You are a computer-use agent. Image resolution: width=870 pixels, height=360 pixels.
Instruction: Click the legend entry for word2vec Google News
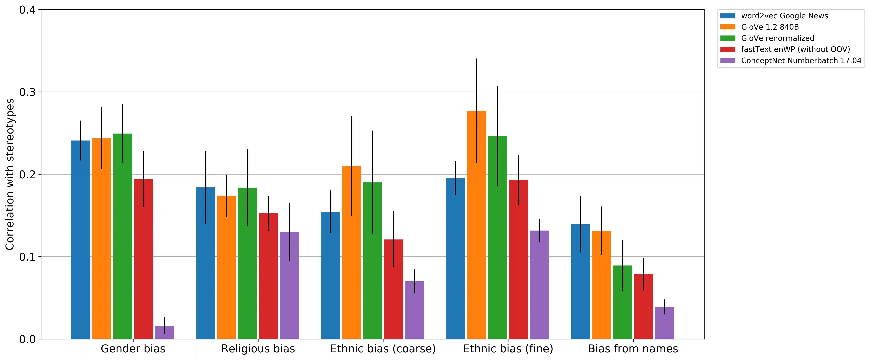pyautogui.click(x=784, y=16)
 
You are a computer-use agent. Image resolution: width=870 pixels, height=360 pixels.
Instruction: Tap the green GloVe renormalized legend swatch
pyautogui.click(x=728, y=38)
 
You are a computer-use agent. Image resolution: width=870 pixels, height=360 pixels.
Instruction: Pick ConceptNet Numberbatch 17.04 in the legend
pyautogui.click(x=801, y=60)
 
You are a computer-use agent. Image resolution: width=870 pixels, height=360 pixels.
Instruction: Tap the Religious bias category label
pyautogui.click(x=258, y=349)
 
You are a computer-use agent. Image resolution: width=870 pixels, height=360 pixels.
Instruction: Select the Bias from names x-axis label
pyautogui.click(x=633, y=349)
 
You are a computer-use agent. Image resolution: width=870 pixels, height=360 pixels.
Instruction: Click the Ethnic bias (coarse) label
pyautogui.click(x=383, y=349)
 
